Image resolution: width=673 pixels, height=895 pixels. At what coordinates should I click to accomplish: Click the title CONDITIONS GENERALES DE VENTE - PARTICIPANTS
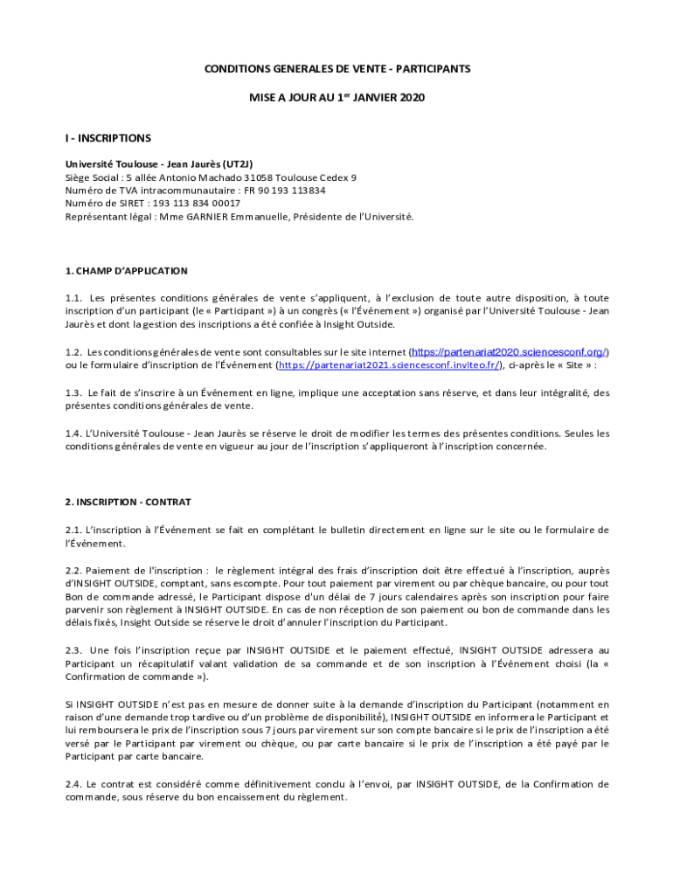[337, 68]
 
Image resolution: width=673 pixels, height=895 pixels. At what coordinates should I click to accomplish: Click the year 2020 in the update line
[410, 98]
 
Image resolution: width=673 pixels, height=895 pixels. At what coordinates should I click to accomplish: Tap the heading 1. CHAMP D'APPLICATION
[127, 271]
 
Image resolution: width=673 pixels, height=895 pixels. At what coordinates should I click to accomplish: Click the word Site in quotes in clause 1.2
[575, 365]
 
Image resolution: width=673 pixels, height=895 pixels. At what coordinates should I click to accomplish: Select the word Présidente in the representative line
[321, 216]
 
